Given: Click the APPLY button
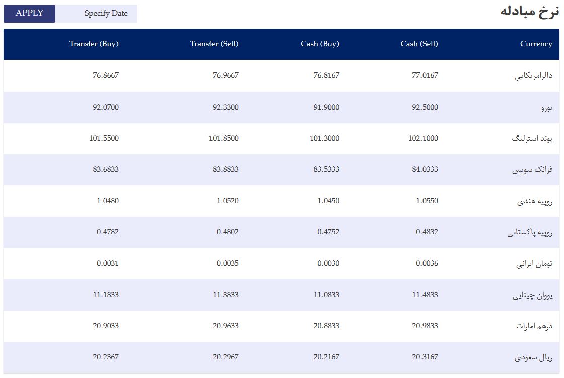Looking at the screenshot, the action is pyautogui.click(x=30, y=13).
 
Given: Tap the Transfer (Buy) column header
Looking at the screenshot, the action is pyautogui.click(x=94, y=44).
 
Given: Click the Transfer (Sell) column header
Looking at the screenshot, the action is pyautogui.click(x=215, y=44).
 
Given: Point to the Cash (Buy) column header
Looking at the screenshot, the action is pyautogui.click(x=320, y=44).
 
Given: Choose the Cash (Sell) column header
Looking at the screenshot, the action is pyautogui.click(x=419, y=44).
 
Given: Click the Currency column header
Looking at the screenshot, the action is pyautogui.click(x=536, y=44).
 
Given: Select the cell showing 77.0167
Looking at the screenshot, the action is pyautogui.click(x=425, y=75).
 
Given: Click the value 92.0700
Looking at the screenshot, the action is pyautogui.click(x=106, y=107).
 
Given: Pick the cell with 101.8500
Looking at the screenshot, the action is pyautogui.click(x=224, y=138).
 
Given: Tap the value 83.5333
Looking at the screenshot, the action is pyautogui.click(x=327, y=169).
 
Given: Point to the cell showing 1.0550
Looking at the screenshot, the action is pyautogui.click(x=428, y=201).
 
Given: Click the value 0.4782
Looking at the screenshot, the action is pyautogui.click(x=108, y=232).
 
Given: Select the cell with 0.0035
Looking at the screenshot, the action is pyautogui.click(x=228, y=263).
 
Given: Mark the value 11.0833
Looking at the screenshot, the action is pyautogui.click(x=327, y=295).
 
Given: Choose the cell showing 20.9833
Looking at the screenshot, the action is pyautogui.click(x=425, y=326).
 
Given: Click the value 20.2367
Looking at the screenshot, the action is pyautogui.click(x=106, y=357).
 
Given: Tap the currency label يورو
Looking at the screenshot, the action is pyautogui.click(x=547, y=108).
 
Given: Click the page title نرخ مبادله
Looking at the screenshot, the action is pyautogui.click(x=530, y=12).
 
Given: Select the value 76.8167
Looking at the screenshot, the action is pyautogui.click(x=327, y=75).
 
